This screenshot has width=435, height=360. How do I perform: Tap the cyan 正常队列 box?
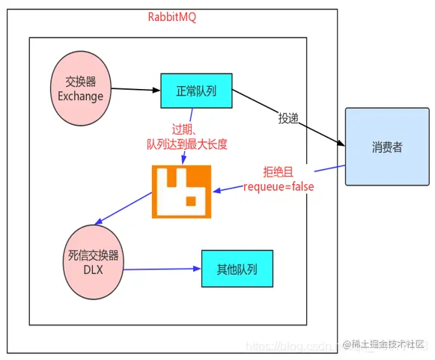click(x=195, y=91)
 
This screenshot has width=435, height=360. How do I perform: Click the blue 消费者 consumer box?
click(x=386, y=146)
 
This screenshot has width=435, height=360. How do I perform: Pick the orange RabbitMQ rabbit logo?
click(x=182, y=191)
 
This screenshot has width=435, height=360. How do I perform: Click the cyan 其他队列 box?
click(x=236, y=269)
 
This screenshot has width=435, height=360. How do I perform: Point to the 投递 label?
click(x=290, y=118)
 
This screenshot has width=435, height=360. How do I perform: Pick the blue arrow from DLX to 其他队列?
click(x=161, y=269)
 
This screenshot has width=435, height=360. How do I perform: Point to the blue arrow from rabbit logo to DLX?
click(x=123, y=210)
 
